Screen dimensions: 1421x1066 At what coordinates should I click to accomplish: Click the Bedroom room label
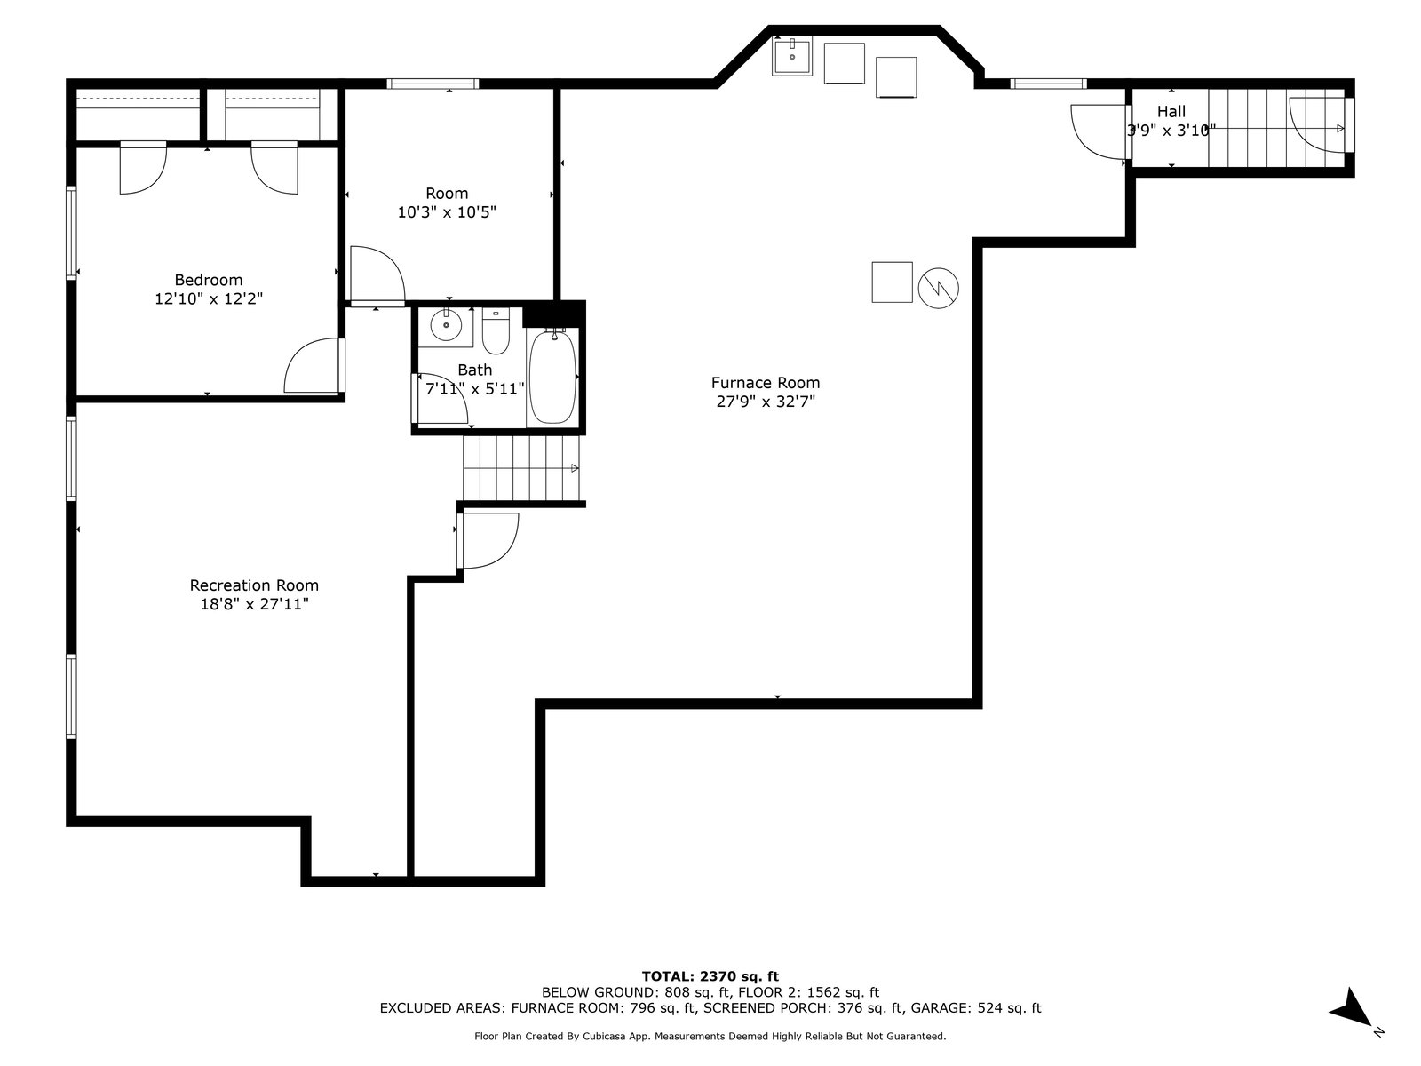pos(209,280)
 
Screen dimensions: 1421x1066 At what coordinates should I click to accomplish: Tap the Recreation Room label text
pos(254,585)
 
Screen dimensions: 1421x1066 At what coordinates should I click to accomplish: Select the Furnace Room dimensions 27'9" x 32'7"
pos(766,402)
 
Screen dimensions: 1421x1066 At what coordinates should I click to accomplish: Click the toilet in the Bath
pos(496,331)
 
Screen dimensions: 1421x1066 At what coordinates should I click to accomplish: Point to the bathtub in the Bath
pos(552,377)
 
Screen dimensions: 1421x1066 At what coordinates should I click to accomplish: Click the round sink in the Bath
pos(446,324)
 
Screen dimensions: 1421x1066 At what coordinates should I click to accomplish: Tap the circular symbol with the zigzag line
pos(938,288)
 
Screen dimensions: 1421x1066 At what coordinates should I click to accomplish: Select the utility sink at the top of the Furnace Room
pos(791,56)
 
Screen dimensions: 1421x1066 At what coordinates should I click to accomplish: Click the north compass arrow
pos(1352,1011)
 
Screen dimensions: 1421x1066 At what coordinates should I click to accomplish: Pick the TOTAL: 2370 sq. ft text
pos(710,976)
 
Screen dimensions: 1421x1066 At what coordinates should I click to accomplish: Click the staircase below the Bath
pos(521,469)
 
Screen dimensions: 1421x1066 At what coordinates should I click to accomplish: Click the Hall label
pos(1171,111)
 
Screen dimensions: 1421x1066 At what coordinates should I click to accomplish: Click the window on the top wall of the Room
pos(433,84)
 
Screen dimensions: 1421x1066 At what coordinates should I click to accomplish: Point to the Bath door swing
pos(441,399)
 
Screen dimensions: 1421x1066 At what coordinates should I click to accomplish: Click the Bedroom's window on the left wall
pos(72,233)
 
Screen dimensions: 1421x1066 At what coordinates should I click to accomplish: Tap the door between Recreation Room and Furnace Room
pos(488,540)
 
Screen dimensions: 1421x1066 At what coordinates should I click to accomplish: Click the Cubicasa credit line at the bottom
pos(710,1036)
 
